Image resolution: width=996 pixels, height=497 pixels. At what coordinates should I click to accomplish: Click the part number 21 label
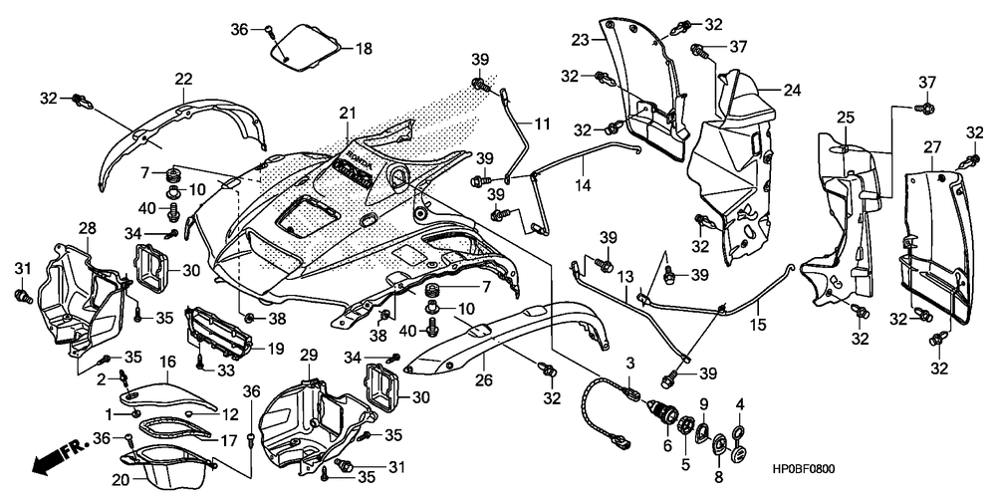347,114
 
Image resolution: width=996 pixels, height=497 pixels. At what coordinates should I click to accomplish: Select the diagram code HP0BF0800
804,469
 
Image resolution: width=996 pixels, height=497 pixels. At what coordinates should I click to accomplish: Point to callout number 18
364,48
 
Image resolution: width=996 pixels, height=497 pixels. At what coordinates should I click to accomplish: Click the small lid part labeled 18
309,47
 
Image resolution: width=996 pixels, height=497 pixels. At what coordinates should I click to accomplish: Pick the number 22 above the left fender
183,79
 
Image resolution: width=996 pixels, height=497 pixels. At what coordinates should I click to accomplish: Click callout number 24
792,91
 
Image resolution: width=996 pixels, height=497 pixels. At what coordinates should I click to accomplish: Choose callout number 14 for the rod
583,185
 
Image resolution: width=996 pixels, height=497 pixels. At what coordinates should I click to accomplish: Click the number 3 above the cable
630,363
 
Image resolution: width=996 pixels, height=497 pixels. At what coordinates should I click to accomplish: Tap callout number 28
87,228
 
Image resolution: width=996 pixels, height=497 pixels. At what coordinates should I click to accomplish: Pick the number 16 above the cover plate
167,363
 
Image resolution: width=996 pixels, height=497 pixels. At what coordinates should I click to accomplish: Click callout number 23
580,40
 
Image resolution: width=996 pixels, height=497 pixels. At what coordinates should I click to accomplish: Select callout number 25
845,118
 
